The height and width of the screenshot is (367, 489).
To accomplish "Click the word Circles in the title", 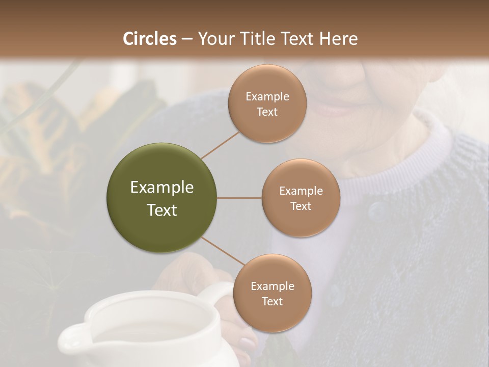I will tap(149, 39).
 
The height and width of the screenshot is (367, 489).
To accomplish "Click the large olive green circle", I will tap(161, 198).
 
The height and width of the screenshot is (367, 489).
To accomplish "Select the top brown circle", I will tap(267, 103).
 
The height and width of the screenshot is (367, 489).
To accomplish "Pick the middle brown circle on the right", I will tap(301, 198).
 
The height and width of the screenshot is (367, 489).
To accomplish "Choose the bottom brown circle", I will tap(272, 293).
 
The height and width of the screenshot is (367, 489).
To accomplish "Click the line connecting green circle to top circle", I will tap(220, 145).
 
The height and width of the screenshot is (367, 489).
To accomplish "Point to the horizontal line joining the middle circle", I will tap(239, 198).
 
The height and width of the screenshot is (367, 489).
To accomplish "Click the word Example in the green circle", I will tap(161, 188).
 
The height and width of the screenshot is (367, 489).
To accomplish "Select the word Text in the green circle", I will tap(161, 210).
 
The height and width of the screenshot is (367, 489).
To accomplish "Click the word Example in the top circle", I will tap(267, 96).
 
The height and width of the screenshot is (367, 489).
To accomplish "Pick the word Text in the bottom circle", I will tap(272, 301).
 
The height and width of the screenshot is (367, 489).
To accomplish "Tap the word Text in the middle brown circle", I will tap(301, 206).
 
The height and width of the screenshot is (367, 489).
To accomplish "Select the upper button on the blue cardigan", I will tap(376, 209).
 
